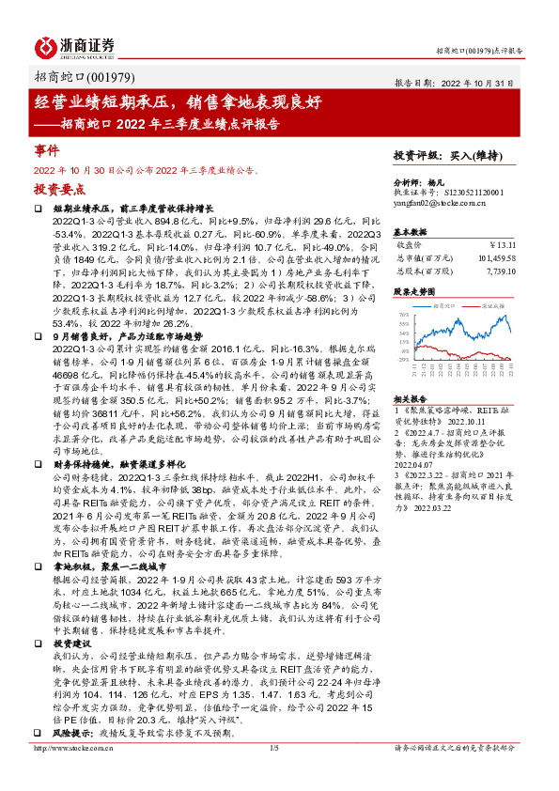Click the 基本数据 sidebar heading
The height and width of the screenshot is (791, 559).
point(410,231)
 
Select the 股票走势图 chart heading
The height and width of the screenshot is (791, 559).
point(413,292)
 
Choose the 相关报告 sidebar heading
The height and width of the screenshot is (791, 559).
point(410,399)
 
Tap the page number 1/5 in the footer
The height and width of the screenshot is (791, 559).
point(274,773)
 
